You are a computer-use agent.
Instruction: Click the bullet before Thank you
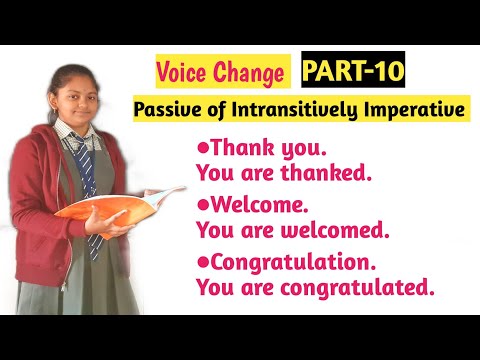pyautogui.click(x=202, y=147)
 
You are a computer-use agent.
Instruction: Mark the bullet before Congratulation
pyautogui.click(x=202, y=262)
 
